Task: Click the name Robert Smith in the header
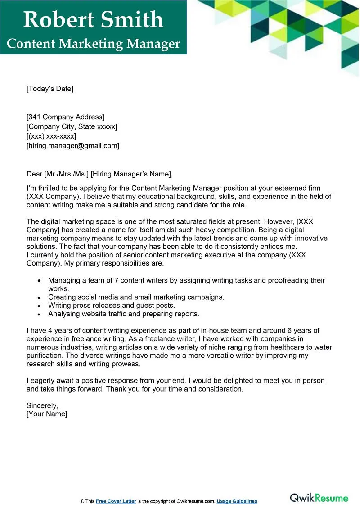(93, 20)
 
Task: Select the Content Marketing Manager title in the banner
(94, 44)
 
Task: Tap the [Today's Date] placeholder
(49, 89)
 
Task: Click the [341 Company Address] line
(65, 117)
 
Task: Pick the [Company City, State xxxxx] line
(72, 127)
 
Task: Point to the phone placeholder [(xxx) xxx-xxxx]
(51, 136)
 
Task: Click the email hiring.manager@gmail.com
(73, 146)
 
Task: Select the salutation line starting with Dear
(99, 174)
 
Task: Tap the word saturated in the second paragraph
(177, 221)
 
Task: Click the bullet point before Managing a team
(40, 281)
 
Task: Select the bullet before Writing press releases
(40, 306)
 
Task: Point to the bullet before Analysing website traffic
(40, 314)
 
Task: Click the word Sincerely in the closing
(42, 405)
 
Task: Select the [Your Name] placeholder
(47, 414)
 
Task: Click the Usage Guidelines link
(237, 501)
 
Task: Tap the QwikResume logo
(319, 498)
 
